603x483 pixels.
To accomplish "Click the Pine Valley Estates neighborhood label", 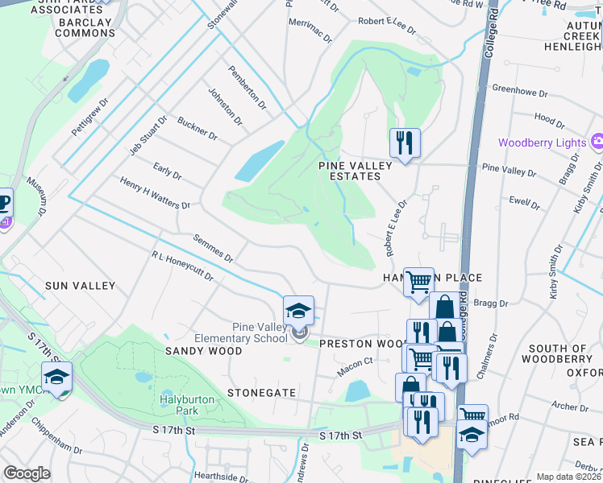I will (x=356, y=171).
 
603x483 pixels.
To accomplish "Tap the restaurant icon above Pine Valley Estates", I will (x=405, y=143).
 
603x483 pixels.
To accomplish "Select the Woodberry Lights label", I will (x=541, y=142).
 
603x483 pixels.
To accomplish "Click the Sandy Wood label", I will (x=203, y=351).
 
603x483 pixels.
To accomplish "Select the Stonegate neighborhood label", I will (x=262, y=392).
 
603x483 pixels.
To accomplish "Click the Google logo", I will (x=27, y=473).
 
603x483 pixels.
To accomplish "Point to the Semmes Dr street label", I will (x=213, y=249).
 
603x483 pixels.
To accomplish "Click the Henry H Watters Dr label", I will (x=155, y=194).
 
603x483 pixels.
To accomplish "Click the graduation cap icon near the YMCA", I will (x=57, y=377).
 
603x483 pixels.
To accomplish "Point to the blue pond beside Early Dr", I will (x=260, y=161).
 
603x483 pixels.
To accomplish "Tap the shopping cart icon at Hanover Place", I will (x=418, y=283).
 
